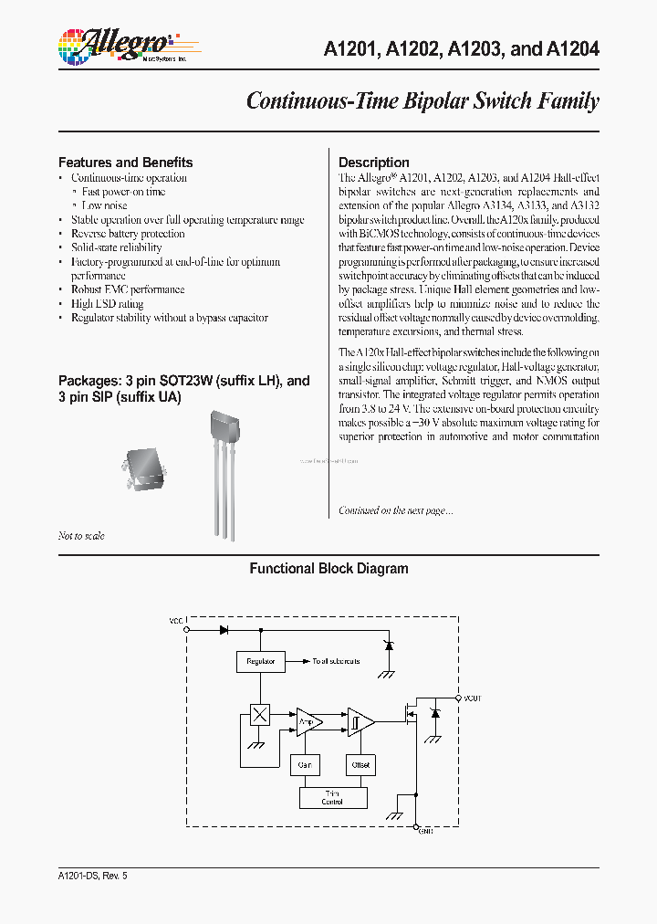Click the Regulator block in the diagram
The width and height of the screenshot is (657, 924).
click(x=260, y=661)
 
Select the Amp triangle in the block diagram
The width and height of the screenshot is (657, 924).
click(x=308, y=722)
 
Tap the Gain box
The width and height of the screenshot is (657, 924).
click(x=305, y=764)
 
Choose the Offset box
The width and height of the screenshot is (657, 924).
click(x=360, y=764)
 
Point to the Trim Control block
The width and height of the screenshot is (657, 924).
click(x=332, y=797)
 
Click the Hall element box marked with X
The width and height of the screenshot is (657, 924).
click(x=260, y=714)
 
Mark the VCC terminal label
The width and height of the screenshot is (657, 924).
click(x=176, y=621)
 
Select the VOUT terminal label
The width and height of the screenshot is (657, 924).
click(x=472, y=698)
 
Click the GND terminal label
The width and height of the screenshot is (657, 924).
click(x=425, y=831)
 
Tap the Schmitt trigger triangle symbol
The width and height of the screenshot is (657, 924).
click(x=359, y=722)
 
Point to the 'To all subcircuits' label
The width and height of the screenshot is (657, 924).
click(x=336, y=661)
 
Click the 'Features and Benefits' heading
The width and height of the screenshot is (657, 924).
click(x=125, y=163)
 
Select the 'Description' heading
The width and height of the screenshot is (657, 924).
click(x=373, y=163)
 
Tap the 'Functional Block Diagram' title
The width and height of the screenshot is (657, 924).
click(x=328, y=568)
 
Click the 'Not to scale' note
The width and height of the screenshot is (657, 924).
click(x=81, y=536)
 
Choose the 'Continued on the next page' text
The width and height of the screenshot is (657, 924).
click(x=395, y=510)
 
